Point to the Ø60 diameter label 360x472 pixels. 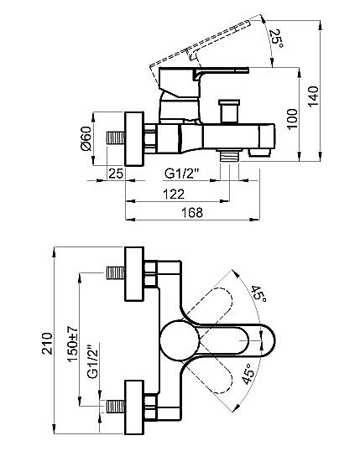(x=86, y=138)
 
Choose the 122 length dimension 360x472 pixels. (x=175, y=194)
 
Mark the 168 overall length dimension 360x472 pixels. (x=193, y=214)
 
